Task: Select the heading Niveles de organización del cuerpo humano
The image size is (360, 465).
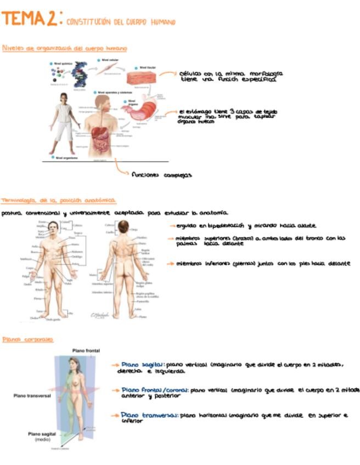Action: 64,48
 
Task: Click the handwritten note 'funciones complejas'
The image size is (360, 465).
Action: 161,175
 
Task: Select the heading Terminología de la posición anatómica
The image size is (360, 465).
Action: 58,201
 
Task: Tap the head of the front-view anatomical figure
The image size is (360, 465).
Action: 53,226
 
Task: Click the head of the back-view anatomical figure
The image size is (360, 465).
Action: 123,226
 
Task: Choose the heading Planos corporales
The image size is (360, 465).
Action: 27,340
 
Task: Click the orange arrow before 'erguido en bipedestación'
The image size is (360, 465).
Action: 172,226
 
